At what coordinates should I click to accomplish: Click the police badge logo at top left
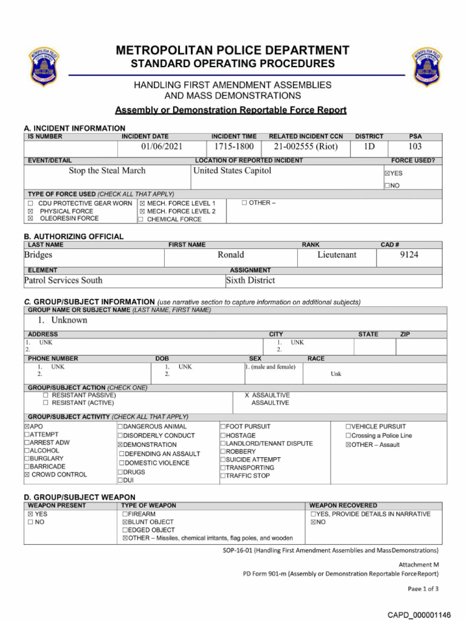pyautogui.click(x=44, y=67)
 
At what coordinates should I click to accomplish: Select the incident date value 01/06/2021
pyautogui.click(x=162, y=147)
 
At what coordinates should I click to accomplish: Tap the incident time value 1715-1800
pyautogui.click(x=234, y=147)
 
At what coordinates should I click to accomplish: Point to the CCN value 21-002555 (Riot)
pyautogui.click(x=306, y=147)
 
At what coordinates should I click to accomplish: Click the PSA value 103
pyautogui.click(x=415, y=147)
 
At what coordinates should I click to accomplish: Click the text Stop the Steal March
pyautogui.click(x=107, y=171)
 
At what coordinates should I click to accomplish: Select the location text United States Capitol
pyautogui.click(x=232, y=171)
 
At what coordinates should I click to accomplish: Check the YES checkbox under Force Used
pyautogui.click(x=386, y=173)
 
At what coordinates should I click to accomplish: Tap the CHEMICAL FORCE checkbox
pyautogui.click(x=141, y=220)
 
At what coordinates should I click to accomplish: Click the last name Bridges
pyautogui.click(x=38, y=256)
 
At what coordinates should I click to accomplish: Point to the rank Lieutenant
pyautogui.click(x=337, y=256)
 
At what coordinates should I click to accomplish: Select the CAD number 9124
pyautogui.click(x=409, y=256)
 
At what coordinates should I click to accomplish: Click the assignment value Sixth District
pyautogui.click(x=250, y=280)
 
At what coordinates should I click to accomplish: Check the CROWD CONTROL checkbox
pyautogui.click(x=27, y=475)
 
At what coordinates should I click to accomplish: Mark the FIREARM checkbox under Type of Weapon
pyautogui.click(x=125, y=514)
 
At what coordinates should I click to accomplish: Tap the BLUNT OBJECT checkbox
pyautogui.click(x=125, y=522)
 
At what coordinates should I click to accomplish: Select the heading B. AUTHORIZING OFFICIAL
pyautogui.click(x=73, y=236)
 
